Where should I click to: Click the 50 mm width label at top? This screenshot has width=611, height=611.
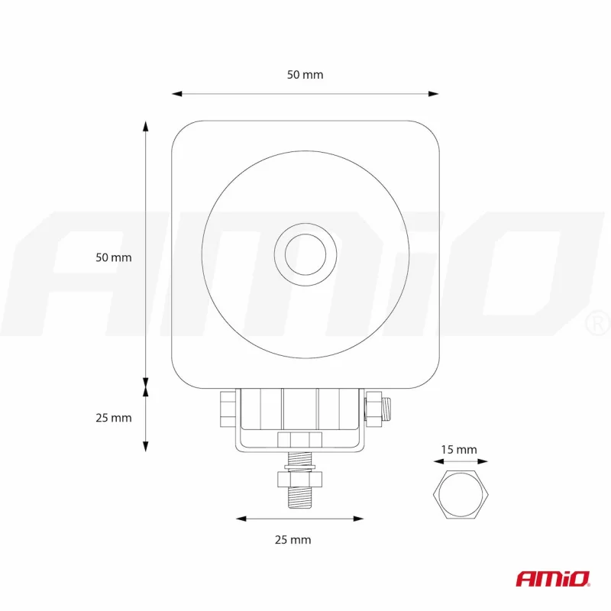[x=305, y=75]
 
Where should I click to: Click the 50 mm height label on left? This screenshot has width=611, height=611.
[x=113, y=257]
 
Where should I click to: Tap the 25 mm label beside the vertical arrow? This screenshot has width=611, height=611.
[x=113, y=418]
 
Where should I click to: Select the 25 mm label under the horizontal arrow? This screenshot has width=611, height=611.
[x=293, y=539]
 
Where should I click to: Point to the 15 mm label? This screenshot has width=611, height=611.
[x=458, y=450]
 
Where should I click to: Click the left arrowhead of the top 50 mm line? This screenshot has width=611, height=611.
[x=176, y=94]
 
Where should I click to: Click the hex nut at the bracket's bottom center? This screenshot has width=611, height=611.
[x=299, y=439]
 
